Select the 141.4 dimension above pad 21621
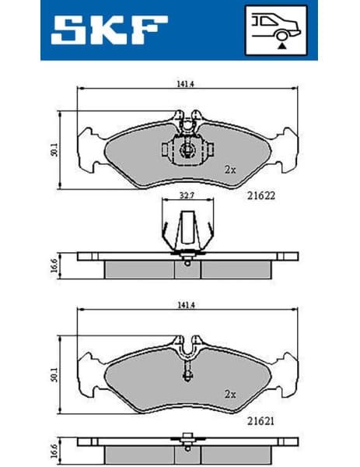point(184,304)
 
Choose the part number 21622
point(261,196)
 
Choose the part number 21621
point(262,420)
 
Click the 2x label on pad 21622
point(229,168)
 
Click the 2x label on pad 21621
point(229,393)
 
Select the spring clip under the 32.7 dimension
point(187,233)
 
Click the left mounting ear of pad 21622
point(88,148)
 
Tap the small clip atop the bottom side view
point(187,437)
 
